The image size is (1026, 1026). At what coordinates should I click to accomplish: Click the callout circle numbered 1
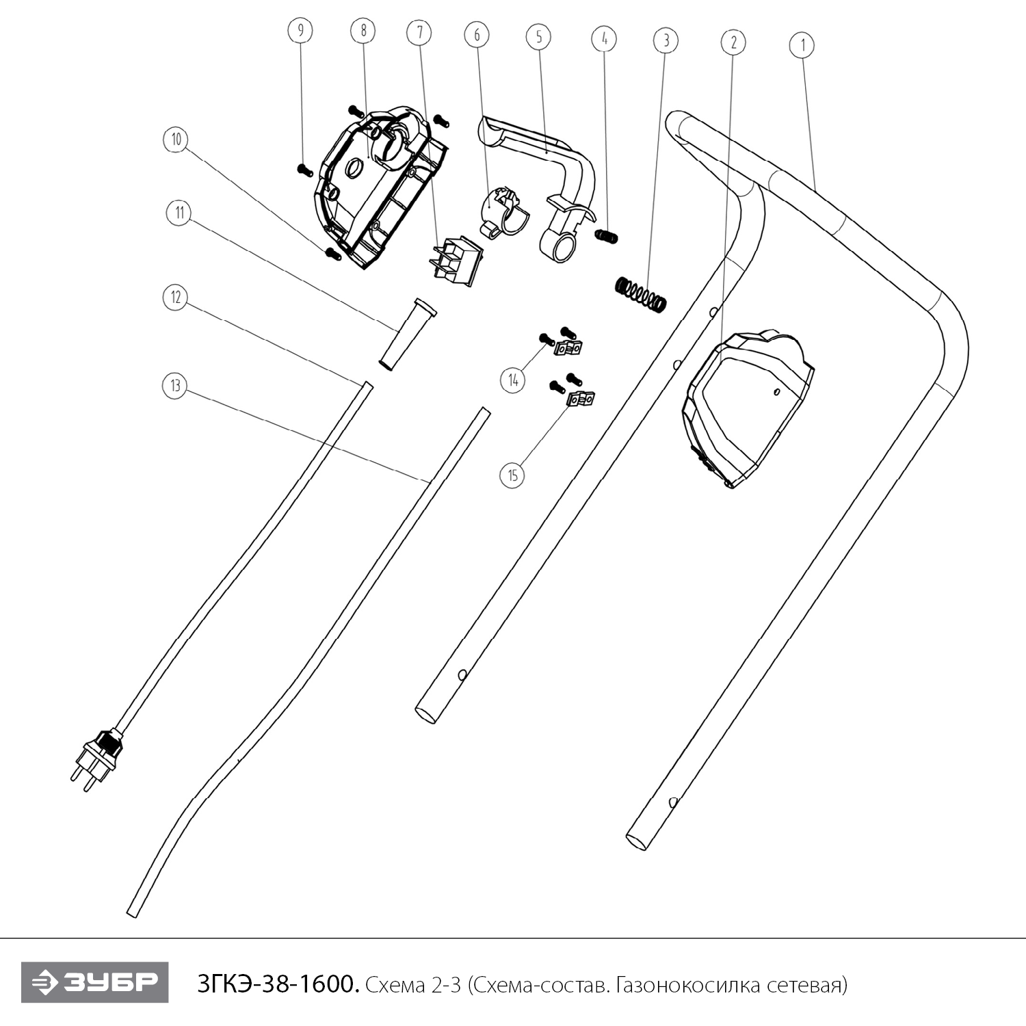[802, 46]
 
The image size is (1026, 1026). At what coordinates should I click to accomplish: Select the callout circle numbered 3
[666, 40]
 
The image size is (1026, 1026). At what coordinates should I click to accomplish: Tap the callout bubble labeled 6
[477, 34]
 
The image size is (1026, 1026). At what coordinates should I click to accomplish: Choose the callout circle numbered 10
[176, 140]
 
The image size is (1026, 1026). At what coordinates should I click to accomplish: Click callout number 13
[176, 386]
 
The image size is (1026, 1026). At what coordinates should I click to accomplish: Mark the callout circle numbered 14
[513, 380]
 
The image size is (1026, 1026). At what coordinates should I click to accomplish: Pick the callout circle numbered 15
[513, 475]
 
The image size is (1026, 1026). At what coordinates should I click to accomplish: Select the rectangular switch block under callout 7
[455, 261]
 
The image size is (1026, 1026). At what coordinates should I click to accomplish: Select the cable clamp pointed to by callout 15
[581, 398]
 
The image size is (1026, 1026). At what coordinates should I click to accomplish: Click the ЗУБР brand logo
[94, 982]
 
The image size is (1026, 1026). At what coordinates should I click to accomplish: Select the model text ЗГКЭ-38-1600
[277, 984]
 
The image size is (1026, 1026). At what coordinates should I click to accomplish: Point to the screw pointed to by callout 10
[333, 253]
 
